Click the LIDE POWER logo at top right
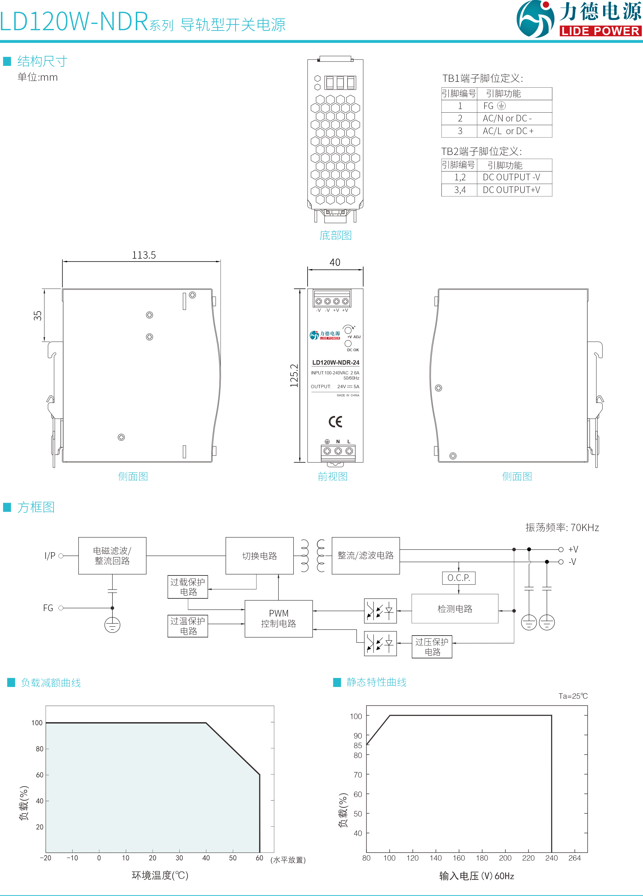pyautogui.click(x=578, y=19)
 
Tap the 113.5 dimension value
pyautogui.click(x=144, y=255)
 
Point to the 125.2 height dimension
pyautogui.click(x=294, y=375)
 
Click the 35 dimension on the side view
pyautogui.click(x=38, y=315)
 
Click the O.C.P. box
pyautogui.click(x=459, y=578)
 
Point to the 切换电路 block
pyautogui.click(x=259, y=556)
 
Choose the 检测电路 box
pyautogui.click(x=455, y=609)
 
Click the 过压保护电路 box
pyautogui.click(x=432, y=647)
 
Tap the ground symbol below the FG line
pyautogui.click(x=112, y=625)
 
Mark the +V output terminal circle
pyautogui.click(x=561, y=550)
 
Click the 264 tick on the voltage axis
pyautogui.click(x=575, y=858)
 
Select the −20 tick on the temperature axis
pyautogui.click(x=45, y=858)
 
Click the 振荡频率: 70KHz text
pyautogui.click(x=562, y=527)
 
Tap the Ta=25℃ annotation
pyautogui.click(x=573, y=696)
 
